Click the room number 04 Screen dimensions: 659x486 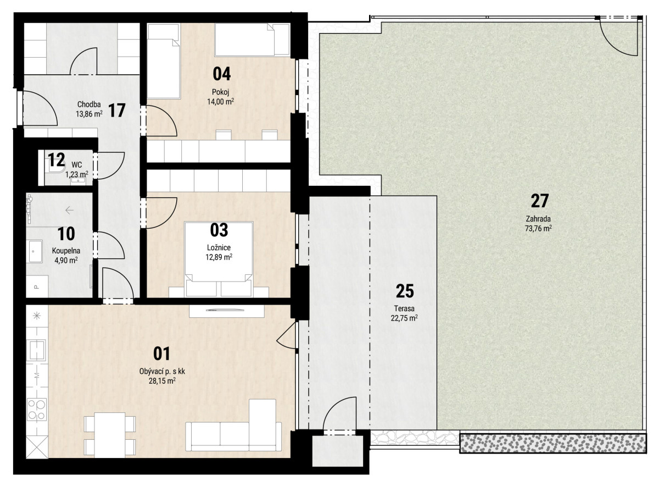pos(222,74)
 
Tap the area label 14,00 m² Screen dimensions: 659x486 pos(221,102)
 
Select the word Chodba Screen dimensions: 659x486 pos(89,104)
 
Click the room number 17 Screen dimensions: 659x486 pos(117,111)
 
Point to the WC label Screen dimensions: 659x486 pos(77,164)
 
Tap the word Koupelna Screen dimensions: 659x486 pos(66,251)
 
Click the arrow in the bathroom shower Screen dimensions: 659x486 pos(69,211)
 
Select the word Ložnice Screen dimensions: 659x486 pos(219,247)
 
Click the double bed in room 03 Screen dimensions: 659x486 pos(219,259)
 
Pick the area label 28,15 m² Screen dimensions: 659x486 pos(162,381)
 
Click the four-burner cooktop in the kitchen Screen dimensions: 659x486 pos(37,410)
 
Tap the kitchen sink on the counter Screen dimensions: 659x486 pos(36,350)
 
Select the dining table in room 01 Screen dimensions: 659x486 pos(110,435)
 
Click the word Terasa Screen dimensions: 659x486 pos(404,308)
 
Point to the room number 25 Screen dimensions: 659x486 pos(405,291)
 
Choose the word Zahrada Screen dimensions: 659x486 pos(538,219)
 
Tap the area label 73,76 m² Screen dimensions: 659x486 pos(538,228)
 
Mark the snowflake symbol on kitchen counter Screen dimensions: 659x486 pos(37,316)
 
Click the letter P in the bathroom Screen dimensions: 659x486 pos(36,286)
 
